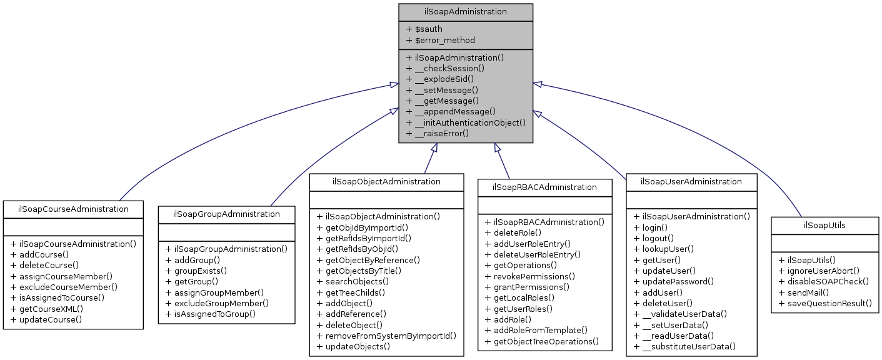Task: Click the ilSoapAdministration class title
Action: [466, 12]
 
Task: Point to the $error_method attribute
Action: [440, 40]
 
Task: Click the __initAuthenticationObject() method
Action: [466, 122]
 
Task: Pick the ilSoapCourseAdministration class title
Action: [73, 209]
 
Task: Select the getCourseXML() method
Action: [47, 309]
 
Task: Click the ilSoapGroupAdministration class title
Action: [226, 214]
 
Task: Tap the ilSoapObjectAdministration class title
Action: [386, 181]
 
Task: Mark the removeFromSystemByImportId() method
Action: [386, 336]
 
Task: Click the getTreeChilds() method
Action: [351, 292]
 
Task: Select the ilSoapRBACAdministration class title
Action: [544, 187]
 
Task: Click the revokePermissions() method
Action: [530, 276]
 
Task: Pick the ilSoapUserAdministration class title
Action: [691, 181]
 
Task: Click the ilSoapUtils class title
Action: [824, 225]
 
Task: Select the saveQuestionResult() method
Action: [824, 303]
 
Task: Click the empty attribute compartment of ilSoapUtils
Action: [824, 242]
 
